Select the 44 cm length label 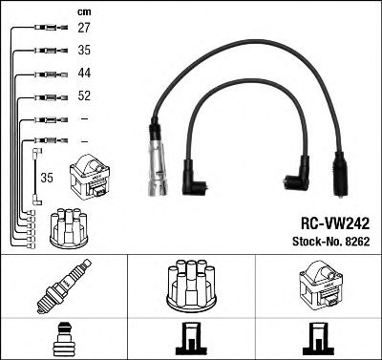[x=84, y=74]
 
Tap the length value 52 [x=84, y=96]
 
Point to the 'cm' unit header [x=83, y=11]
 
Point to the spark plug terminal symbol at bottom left [x=63, y=338]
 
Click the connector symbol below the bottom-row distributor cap [x=190, y=338]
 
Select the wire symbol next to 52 [x=48, y=96]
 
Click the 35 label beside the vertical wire [x=46, y=178]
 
